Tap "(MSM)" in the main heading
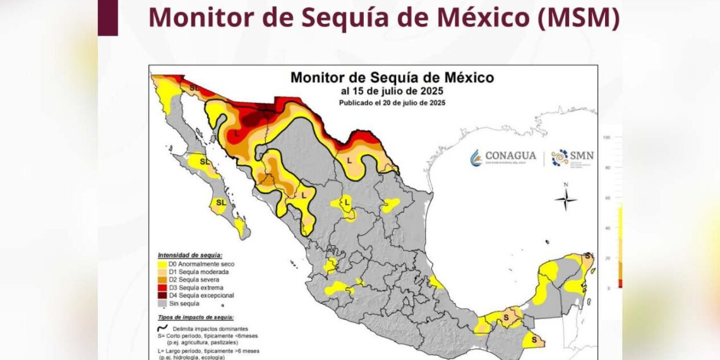click(x=577, y=17)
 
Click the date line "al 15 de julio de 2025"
click(x=392, y=92)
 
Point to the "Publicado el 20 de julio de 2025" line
click(x=392, y=102)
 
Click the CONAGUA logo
click(x=503, y=157)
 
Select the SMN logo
click(x=572, y=157)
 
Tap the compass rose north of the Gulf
click(x=565, y=200)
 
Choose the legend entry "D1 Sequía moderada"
click(x=193, y=271)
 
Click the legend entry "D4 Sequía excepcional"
click(x=196, y=295)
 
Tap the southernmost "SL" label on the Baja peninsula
click(x=220, y=202)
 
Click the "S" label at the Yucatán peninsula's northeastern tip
click(x=588, y=255)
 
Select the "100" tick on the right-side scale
click(x=607, y=137)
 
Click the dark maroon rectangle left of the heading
click(x=108, y=17)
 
